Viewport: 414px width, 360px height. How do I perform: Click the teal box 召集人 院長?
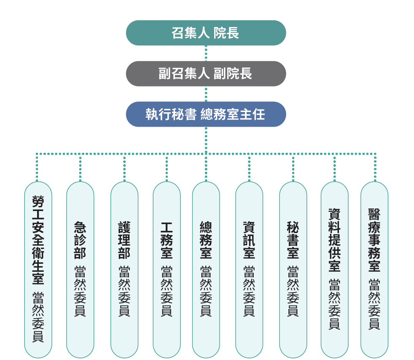click(206, 33)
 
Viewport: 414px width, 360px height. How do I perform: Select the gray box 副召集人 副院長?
click(206, 73)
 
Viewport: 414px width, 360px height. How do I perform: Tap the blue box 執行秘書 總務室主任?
click(206, 114)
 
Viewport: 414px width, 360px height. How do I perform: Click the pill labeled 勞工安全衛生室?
click(38, 270)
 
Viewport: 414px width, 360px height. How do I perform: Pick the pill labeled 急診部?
click(80, 270)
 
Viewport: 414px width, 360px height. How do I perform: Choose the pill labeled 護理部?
click(124, 270)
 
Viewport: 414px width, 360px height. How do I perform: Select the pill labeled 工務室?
click(167, 270)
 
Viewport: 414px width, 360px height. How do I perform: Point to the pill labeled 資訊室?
click(249, 270)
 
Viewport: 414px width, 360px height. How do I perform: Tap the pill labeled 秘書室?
click(293, 270)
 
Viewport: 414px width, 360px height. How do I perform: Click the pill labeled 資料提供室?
click(334, 270)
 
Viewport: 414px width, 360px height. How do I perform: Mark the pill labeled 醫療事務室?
click(374, 270)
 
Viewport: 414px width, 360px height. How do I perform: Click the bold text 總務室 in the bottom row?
click(206, 241)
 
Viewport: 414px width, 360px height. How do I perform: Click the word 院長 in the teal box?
click(226, 33)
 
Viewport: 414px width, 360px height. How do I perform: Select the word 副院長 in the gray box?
click(233, 73)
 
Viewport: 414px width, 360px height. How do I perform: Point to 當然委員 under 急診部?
click(80, 291)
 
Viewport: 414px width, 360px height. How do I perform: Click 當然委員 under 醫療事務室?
click(374, 304)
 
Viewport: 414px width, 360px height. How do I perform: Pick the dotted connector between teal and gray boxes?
click(206, 53)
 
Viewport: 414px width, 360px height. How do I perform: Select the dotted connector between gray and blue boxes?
click(206, 94)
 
